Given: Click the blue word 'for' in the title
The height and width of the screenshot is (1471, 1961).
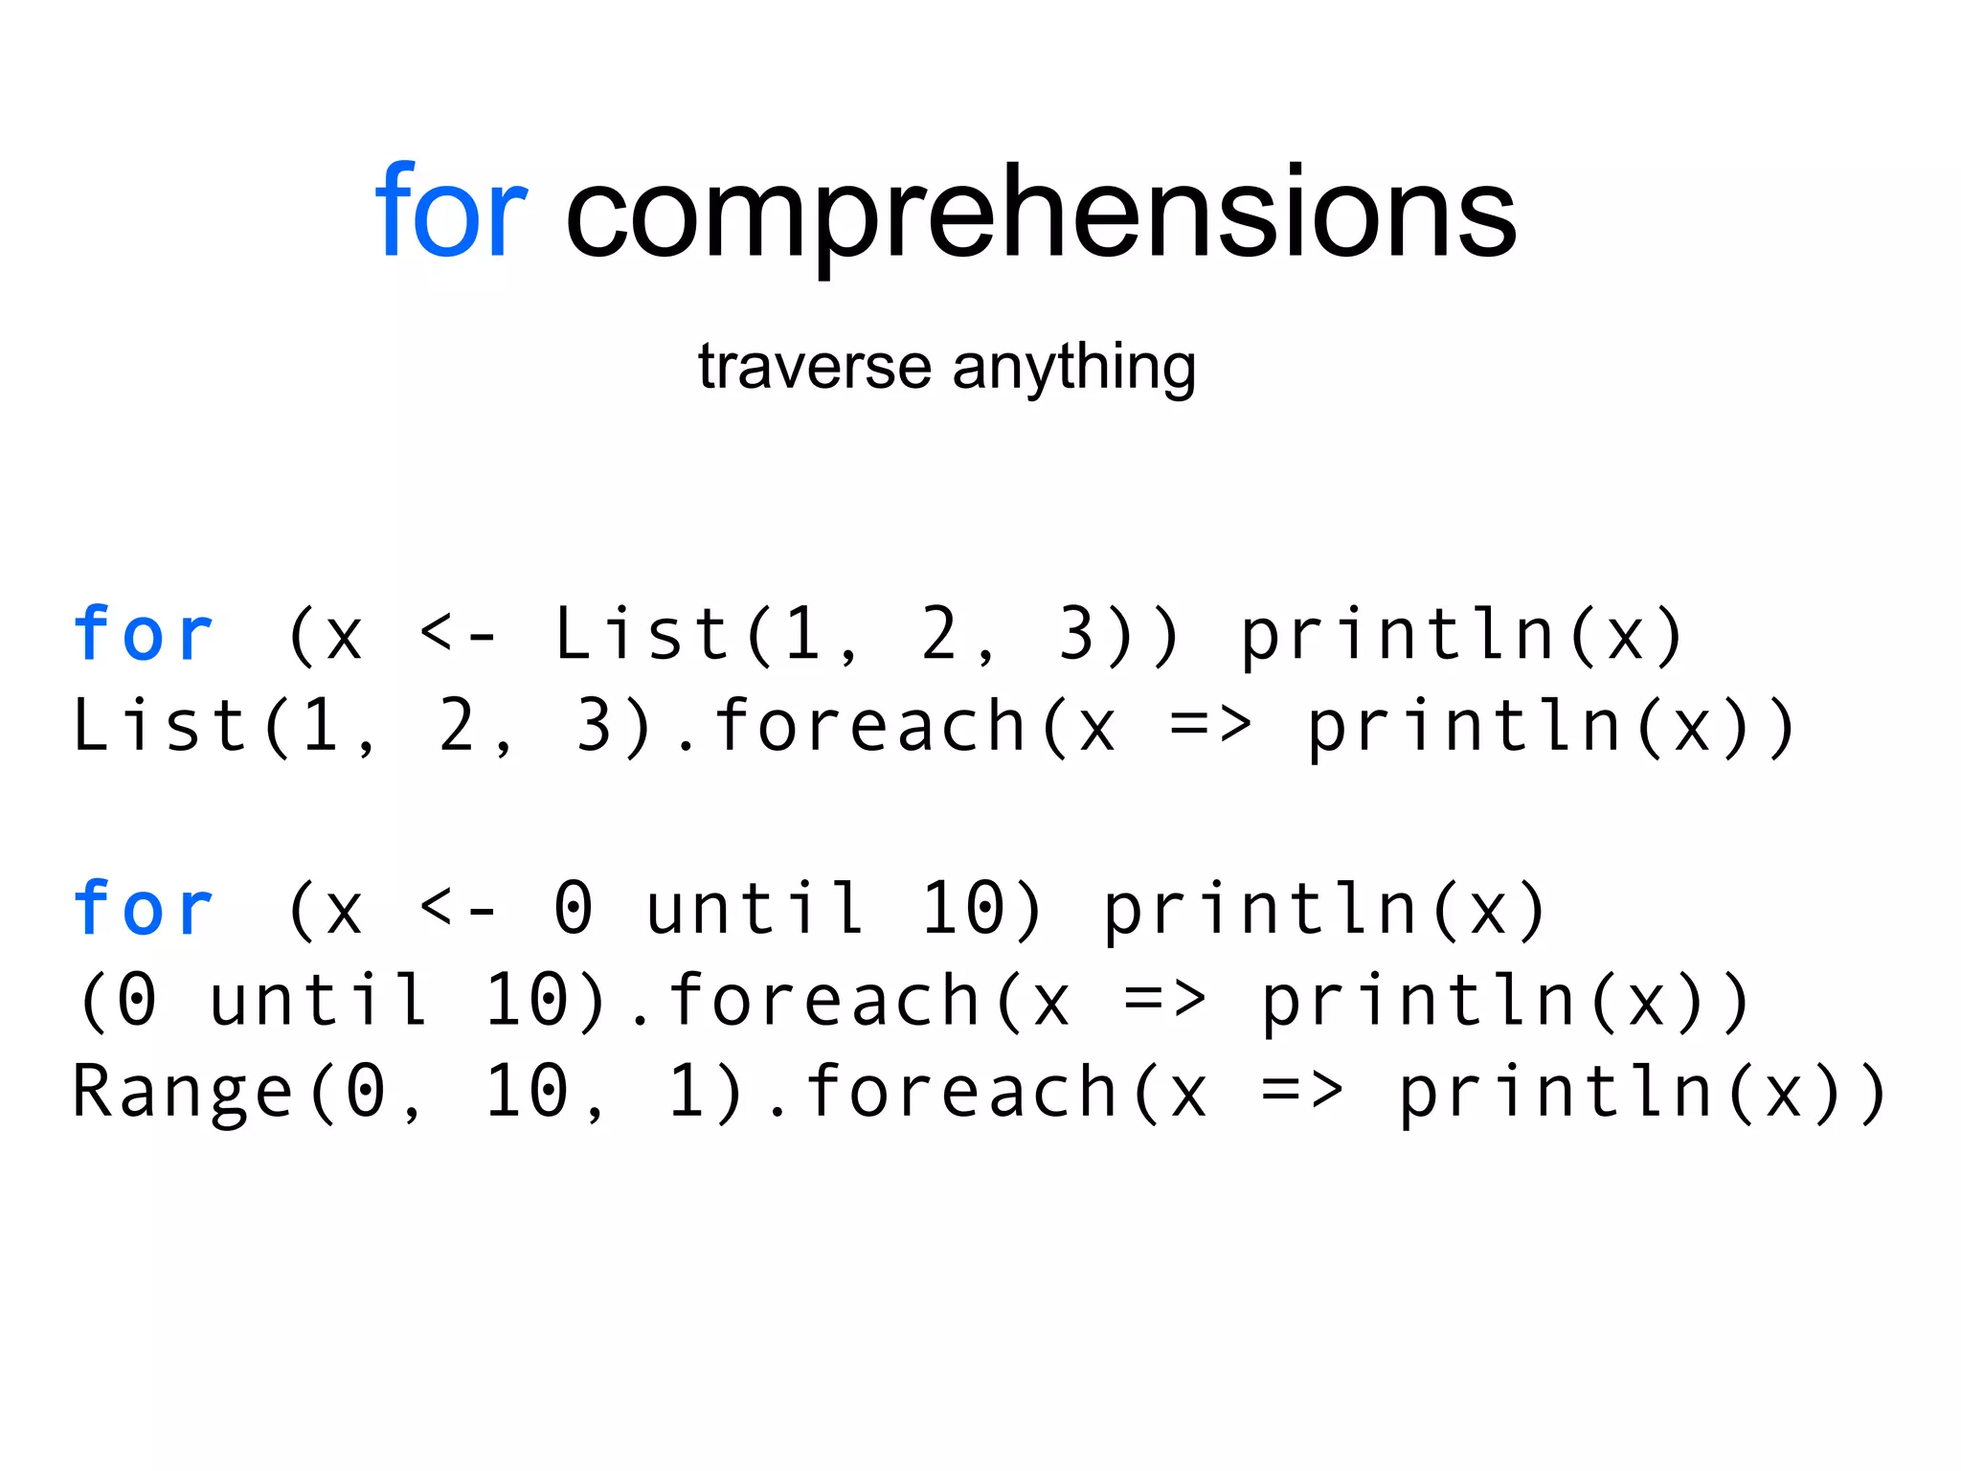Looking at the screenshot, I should [450, 212].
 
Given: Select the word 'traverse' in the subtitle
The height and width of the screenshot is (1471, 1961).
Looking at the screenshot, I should [814, 367].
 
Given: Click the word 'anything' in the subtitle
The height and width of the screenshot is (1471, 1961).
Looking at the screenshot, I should [1073, 369].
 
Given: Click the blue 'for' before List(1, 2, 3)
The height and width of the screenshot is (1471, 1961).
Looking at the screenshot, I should [143, 634].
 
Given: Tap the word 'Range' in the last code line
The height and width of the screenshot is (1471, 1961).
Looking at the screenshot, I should [182, 1092].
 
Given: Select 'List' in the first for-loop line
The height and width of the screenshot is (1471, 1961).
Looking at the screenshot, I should [642, 634].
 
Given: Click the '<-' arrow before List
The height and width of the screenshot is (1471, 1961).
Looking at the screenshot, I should [458, 634].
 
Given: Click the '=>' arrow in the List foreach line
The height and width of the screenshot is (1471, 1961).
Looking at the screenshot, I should [1210, 726].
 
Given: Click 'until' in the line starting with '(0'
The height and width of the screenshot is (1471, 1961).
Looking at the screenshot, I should [319, 1000].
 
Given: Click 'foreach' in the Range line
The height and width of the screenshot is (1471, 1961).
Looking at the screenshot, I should [961, 1092].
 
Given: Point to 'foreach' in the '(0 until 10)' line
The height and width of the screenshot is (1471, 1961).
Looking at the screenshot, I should [823, 1000].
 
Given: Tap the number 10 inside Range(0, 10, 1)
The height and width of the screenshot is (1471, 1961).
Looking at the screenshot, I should [527, 1092].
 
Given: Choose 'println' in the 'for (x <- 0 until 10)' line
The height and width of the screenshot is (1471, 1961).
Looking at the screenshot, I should [1260, 910].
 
